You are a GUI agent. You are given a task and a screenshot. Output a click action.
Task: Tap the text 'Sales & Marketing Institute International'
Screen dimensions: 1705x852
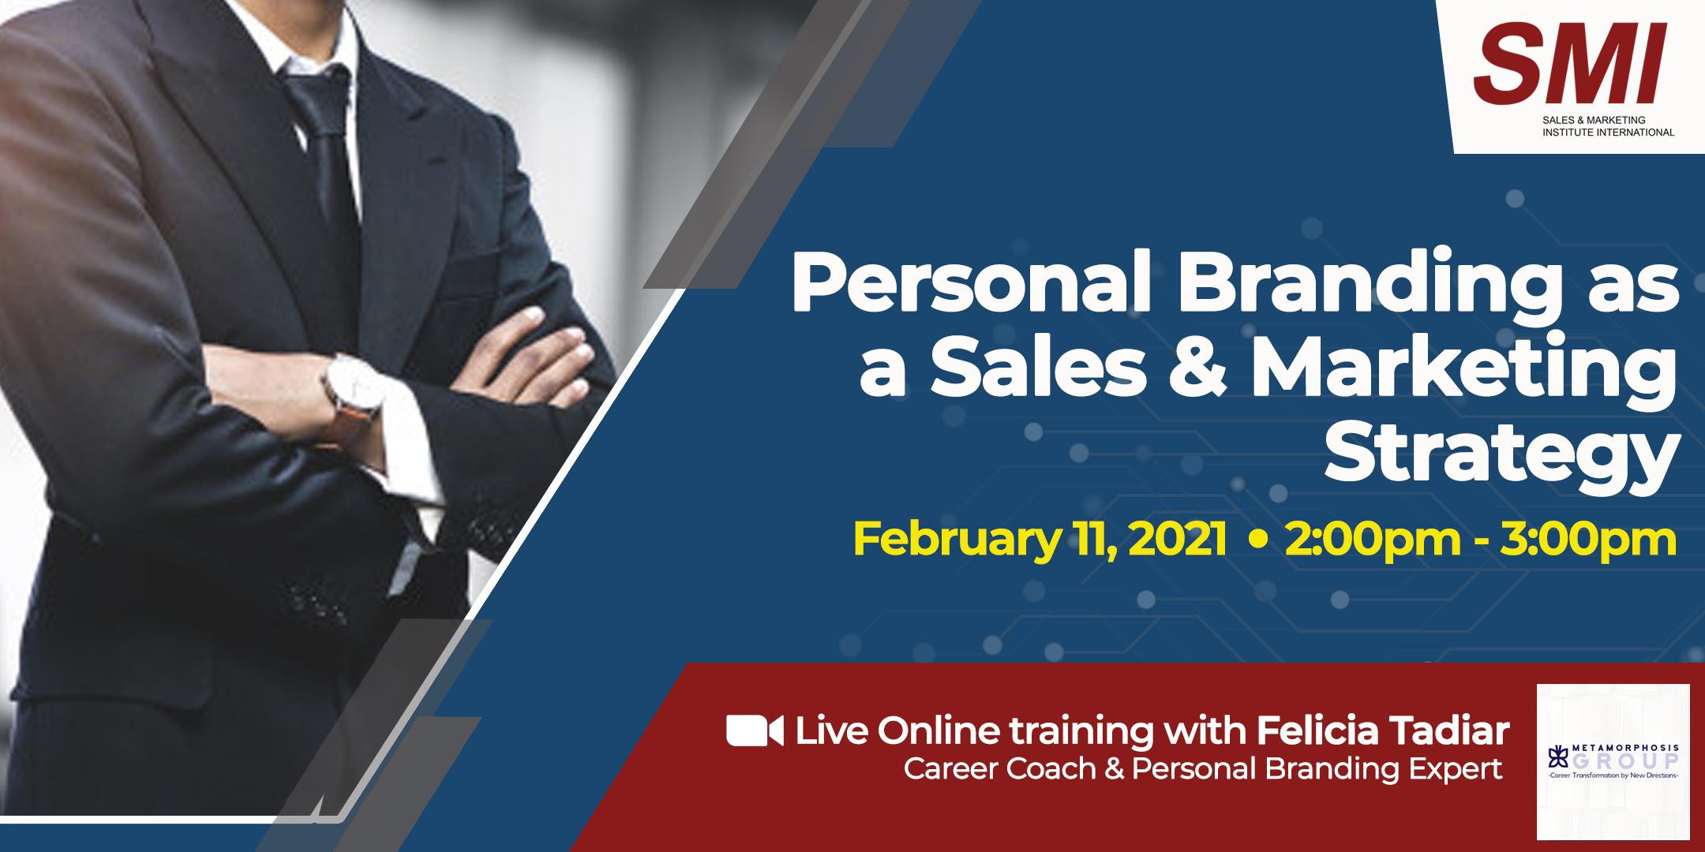coord(1608,126)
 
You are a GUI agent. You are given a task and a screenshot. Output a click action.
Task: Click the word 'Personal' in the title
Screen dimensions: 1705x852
coord(972,282)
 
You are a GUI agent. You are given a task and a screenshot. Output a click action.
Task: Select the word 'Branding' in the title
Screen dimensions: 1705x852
coord(1370,285)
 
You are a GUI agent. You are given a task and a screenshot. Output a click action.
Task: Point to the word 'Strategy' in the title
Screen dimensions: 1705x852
coord(1501,453)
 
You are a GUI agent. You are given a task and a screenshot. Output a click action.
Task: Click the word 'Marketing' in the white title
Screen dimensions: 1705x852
coord(1464,369)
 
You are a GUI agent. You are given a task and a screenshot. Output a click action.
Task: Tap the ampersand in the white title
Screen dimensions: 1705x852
coord(1197,364)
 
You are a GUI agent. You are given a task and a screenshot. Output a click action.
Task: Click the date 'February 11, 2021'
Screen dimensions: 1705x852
coord(1040,540)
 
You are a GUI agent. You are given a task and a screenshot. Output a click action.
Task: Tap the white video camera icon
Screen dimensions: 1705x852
coord(755,731)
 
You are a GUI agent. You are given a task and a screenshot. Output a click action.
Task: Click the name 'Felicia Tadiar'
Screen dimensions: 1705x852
coord(1383,731)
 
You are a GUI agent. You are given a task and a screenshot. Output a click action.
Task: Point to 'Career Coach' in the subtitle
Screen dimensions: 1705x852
coord(1000,768)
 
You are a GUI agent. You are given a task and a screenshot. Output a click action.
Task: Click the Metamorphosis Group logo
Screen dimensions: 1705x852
coord(1613,761)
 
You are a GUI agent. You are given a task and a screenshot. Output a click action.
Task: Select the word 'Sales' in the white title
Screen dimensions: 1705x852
coord(1038,366)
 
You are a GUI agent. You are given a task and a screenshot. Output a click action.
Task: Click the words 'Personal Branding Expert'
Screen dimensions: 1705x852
coord(1317,769)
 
